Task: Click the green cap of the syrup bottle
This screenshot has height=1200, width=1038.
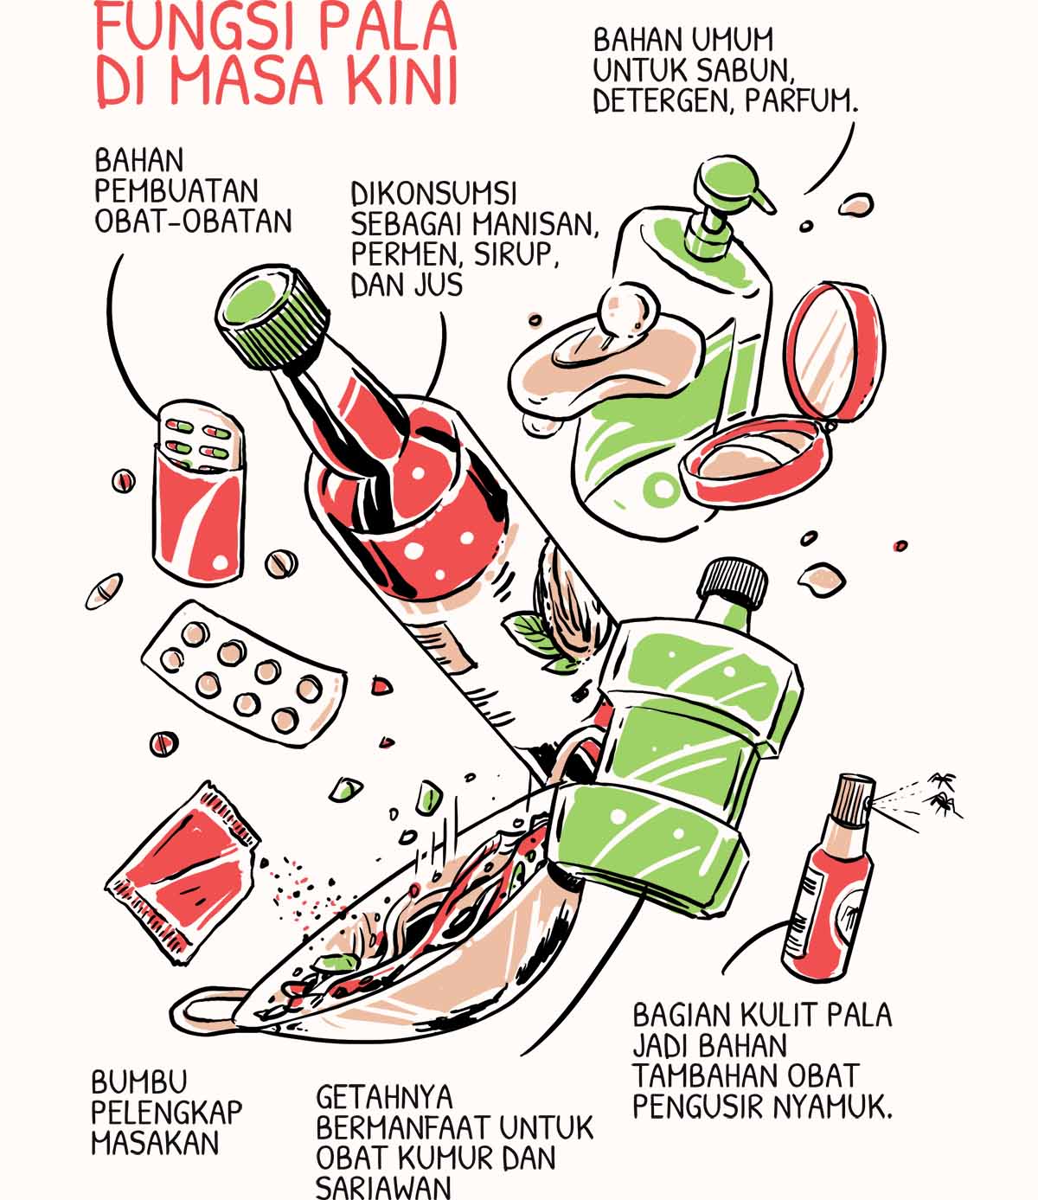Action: tap(273, 317)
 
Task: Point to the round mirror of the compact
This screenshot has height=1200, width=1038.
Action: tap(834, 352)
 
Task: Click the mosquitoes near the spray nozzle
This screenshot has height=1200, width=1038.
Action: tap(945, 794)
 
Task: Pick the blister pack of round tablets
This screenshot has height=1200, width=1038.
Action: tap(244, 674)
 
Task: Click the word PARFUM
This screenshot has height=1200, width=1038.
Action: tap(801, 101)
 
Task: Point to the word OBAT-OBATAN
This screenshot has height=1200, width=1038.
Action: tap(193, 221)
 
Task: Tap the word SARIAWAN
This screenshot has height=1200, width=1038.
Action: tap(383, 1187)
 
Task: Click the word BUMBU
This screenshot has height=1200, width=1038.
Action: tap(139, 1081)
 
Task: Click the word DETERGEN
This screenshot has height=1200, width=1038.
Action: tap(663, 101)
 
